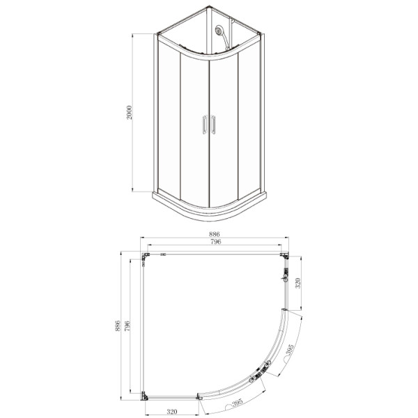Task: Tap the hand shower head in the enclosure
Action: [219, 31]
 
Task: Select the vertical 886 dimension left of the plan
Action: [118, 325]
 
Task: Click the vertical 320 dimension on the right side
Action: [297, 283]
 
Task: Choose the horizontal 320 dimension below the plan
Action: [170, 411]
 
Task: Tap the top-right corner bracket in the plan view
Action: [284, 256]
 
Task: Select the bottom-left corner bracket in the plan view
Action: [145, 396]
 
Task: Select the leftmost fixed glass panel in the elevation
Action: [169, 118]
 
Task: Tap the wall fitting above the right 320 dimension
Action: [284, 277]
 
